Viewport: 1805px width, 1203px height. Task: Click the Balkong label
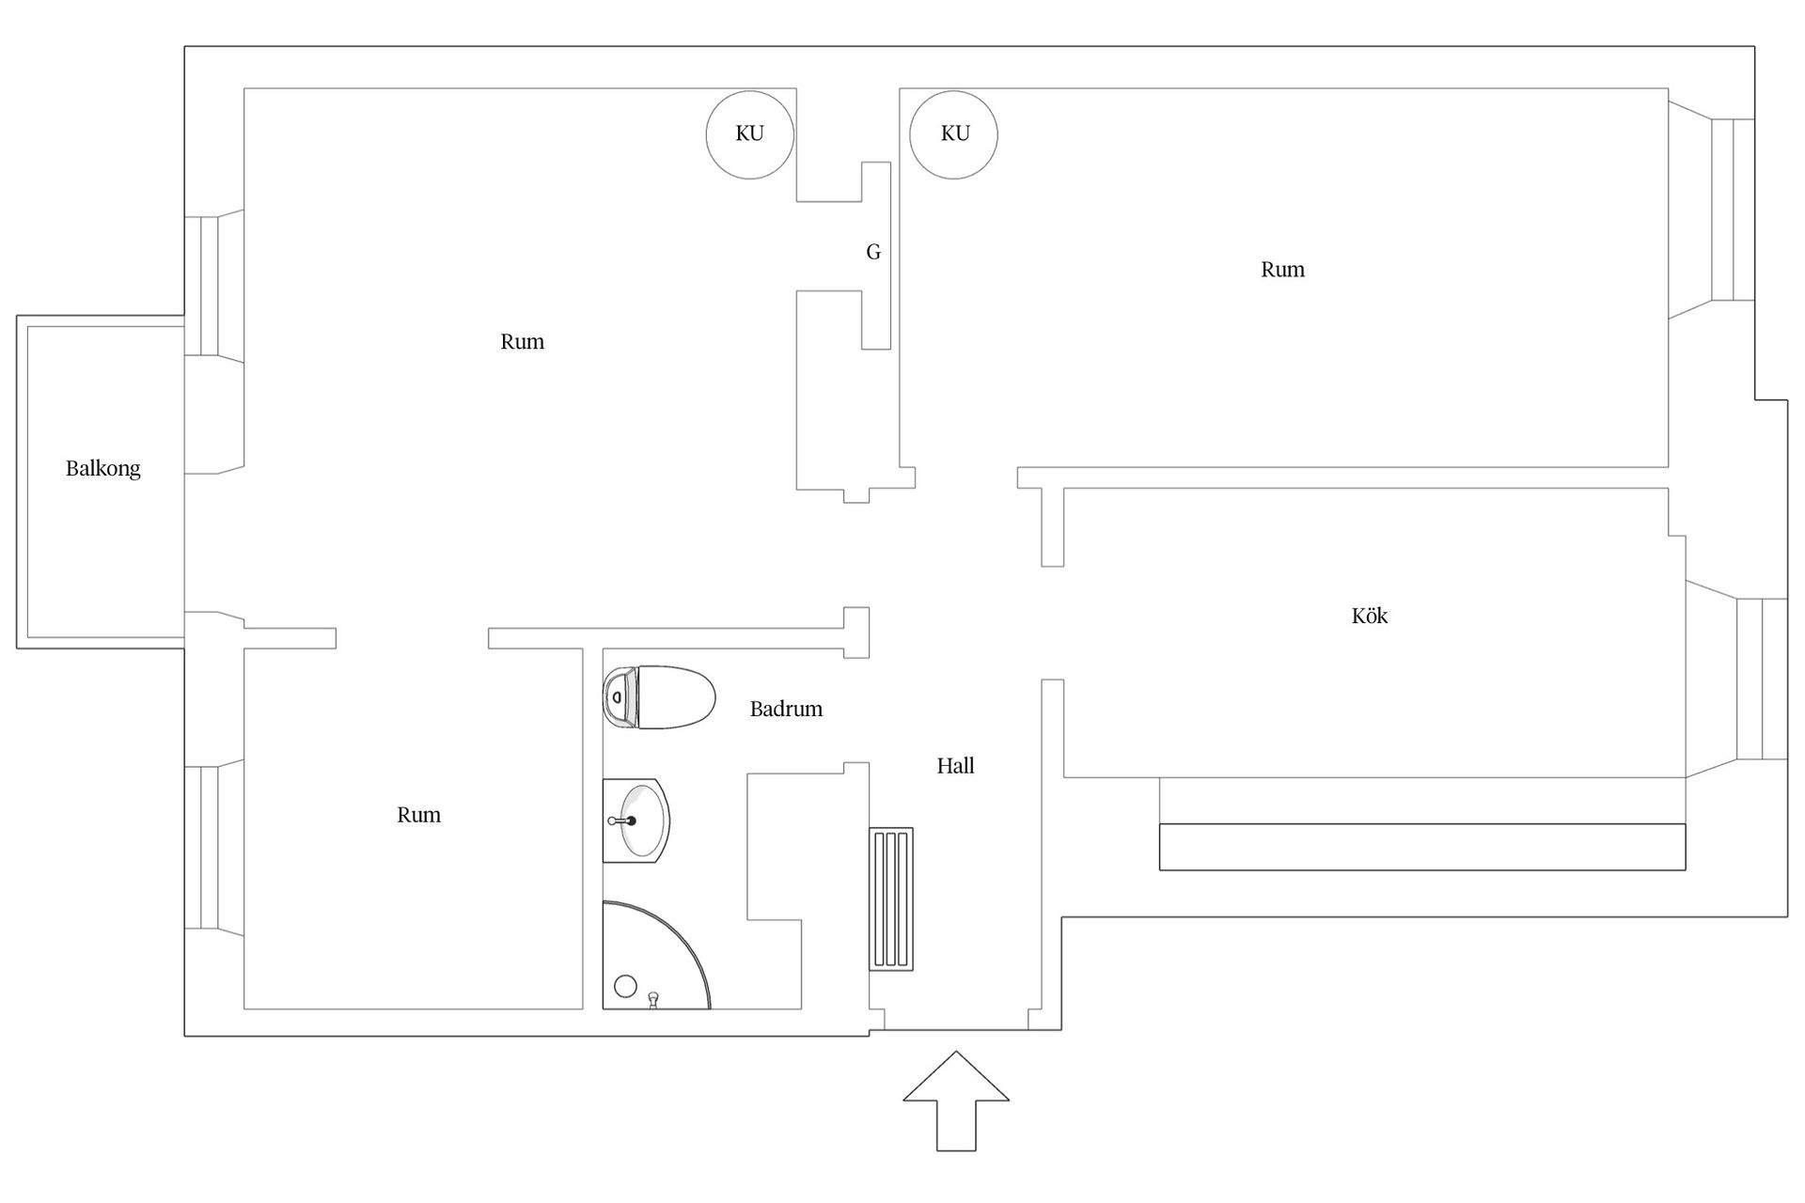pyautogui.click(x=103, y=468)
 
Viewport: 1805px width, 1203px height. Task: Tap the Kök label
pyautogui.click(x=1370, y=616)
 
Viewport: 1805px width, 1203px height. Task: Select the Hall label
pyautogui.click(x=955, y=766)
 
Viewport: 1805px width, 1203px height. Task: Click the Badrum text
pyautogui.click(x=786, y=709)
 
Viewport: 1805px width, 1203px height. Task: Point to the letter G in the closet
pyautogui.click(x=873, y=252)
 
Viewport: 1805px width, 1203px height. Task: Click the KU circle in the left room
pyautogui.click(x=750, y=135)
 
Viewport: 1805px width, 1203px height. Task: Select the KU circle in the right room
pyautogui.click(x=954, y=135)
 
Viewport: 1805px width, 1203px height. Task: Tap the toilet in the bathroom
pyautogui.click(x=659, y=697)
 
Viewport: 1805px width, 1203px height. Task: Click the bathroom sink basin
pyautogui.click(x=636, y=820)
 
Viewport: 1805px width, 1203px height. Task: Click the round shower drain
pyautogui.click(x=625, y=986)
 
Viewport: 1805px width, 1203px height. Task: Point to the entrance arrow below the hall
pyautogui.click(x=956, y=1101)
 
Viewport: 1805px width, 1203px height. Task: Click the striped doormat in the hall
pyautogui.click(x=891, y=899)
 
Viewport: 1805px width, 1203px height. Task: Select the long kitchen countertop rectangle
pyautogui.click(x=1422, y=847)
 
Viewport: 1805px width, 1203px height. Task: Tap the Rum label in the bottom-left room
pyautogui.click(x=418, y=815)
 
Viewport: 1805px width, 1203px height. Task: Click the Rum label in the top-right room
pyautogui.click(x=1282, y=270)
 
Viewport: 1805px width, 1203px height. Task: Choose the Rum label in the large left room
pyautogui.click(x=522, y=342)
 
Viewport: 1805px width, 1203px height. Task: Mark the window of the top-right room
pyautogui.click(x=1733, y=210)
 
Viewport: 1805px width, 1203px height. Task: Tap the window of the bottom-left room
pyautogui.click(x=201, y=848)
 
